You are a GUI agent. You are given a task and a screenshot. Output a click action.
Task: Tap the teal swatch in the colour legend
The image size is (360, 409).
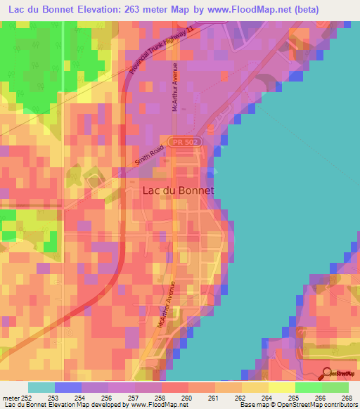pyautogui.click(x=41, y=387)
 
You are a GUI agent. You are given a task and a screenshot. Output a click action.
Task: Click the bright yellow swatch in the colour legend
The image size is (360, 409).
pyautogui.click(x=281, y=387)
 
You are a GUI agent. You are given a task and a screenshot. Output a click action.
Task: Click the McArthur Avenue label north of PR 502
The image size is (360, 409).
pyautogui.click(x=176, y=88)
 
